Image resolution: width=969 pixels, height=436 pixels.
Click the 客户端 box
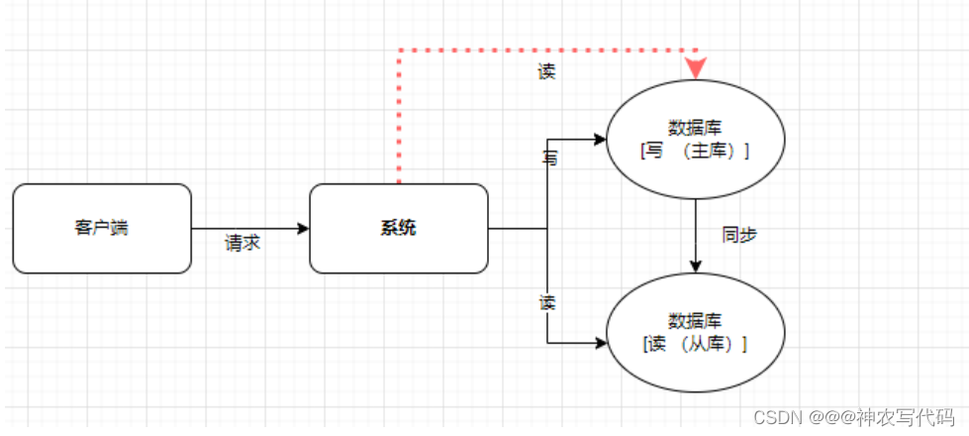coord(102,228)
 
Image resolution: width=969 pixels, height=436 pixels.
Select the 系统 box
coord(399,228)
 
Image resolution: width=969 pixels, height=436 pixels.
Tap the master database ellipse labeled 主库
coord(695,140)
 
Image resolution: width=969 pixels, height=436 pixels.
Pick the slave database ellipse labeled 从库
coord(695,332)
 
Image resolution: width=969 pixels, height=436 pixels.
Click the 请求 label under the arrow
coord(242,244)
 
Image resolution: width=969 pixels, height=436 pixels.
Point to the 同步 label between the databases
coord(739,235)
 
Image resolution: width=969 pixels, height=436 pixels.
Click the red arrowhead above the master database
coord(696,67)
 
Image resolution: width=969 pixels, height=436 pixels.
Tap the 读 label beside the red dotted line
coord(546,72)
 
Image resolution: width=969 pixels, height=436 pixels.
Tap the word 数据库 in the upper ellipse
coord(695,128)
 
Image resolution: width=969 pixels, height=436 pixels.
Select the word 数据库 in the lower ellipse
coord(695,321)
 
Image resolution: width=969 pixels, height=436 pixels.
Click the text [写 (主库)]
coord(695,151)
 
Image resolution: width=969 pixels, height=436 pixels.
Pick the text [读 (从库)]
coord(695,344)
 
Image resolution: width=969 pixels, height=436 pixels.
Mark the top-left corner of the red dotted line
coord(399,50)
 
